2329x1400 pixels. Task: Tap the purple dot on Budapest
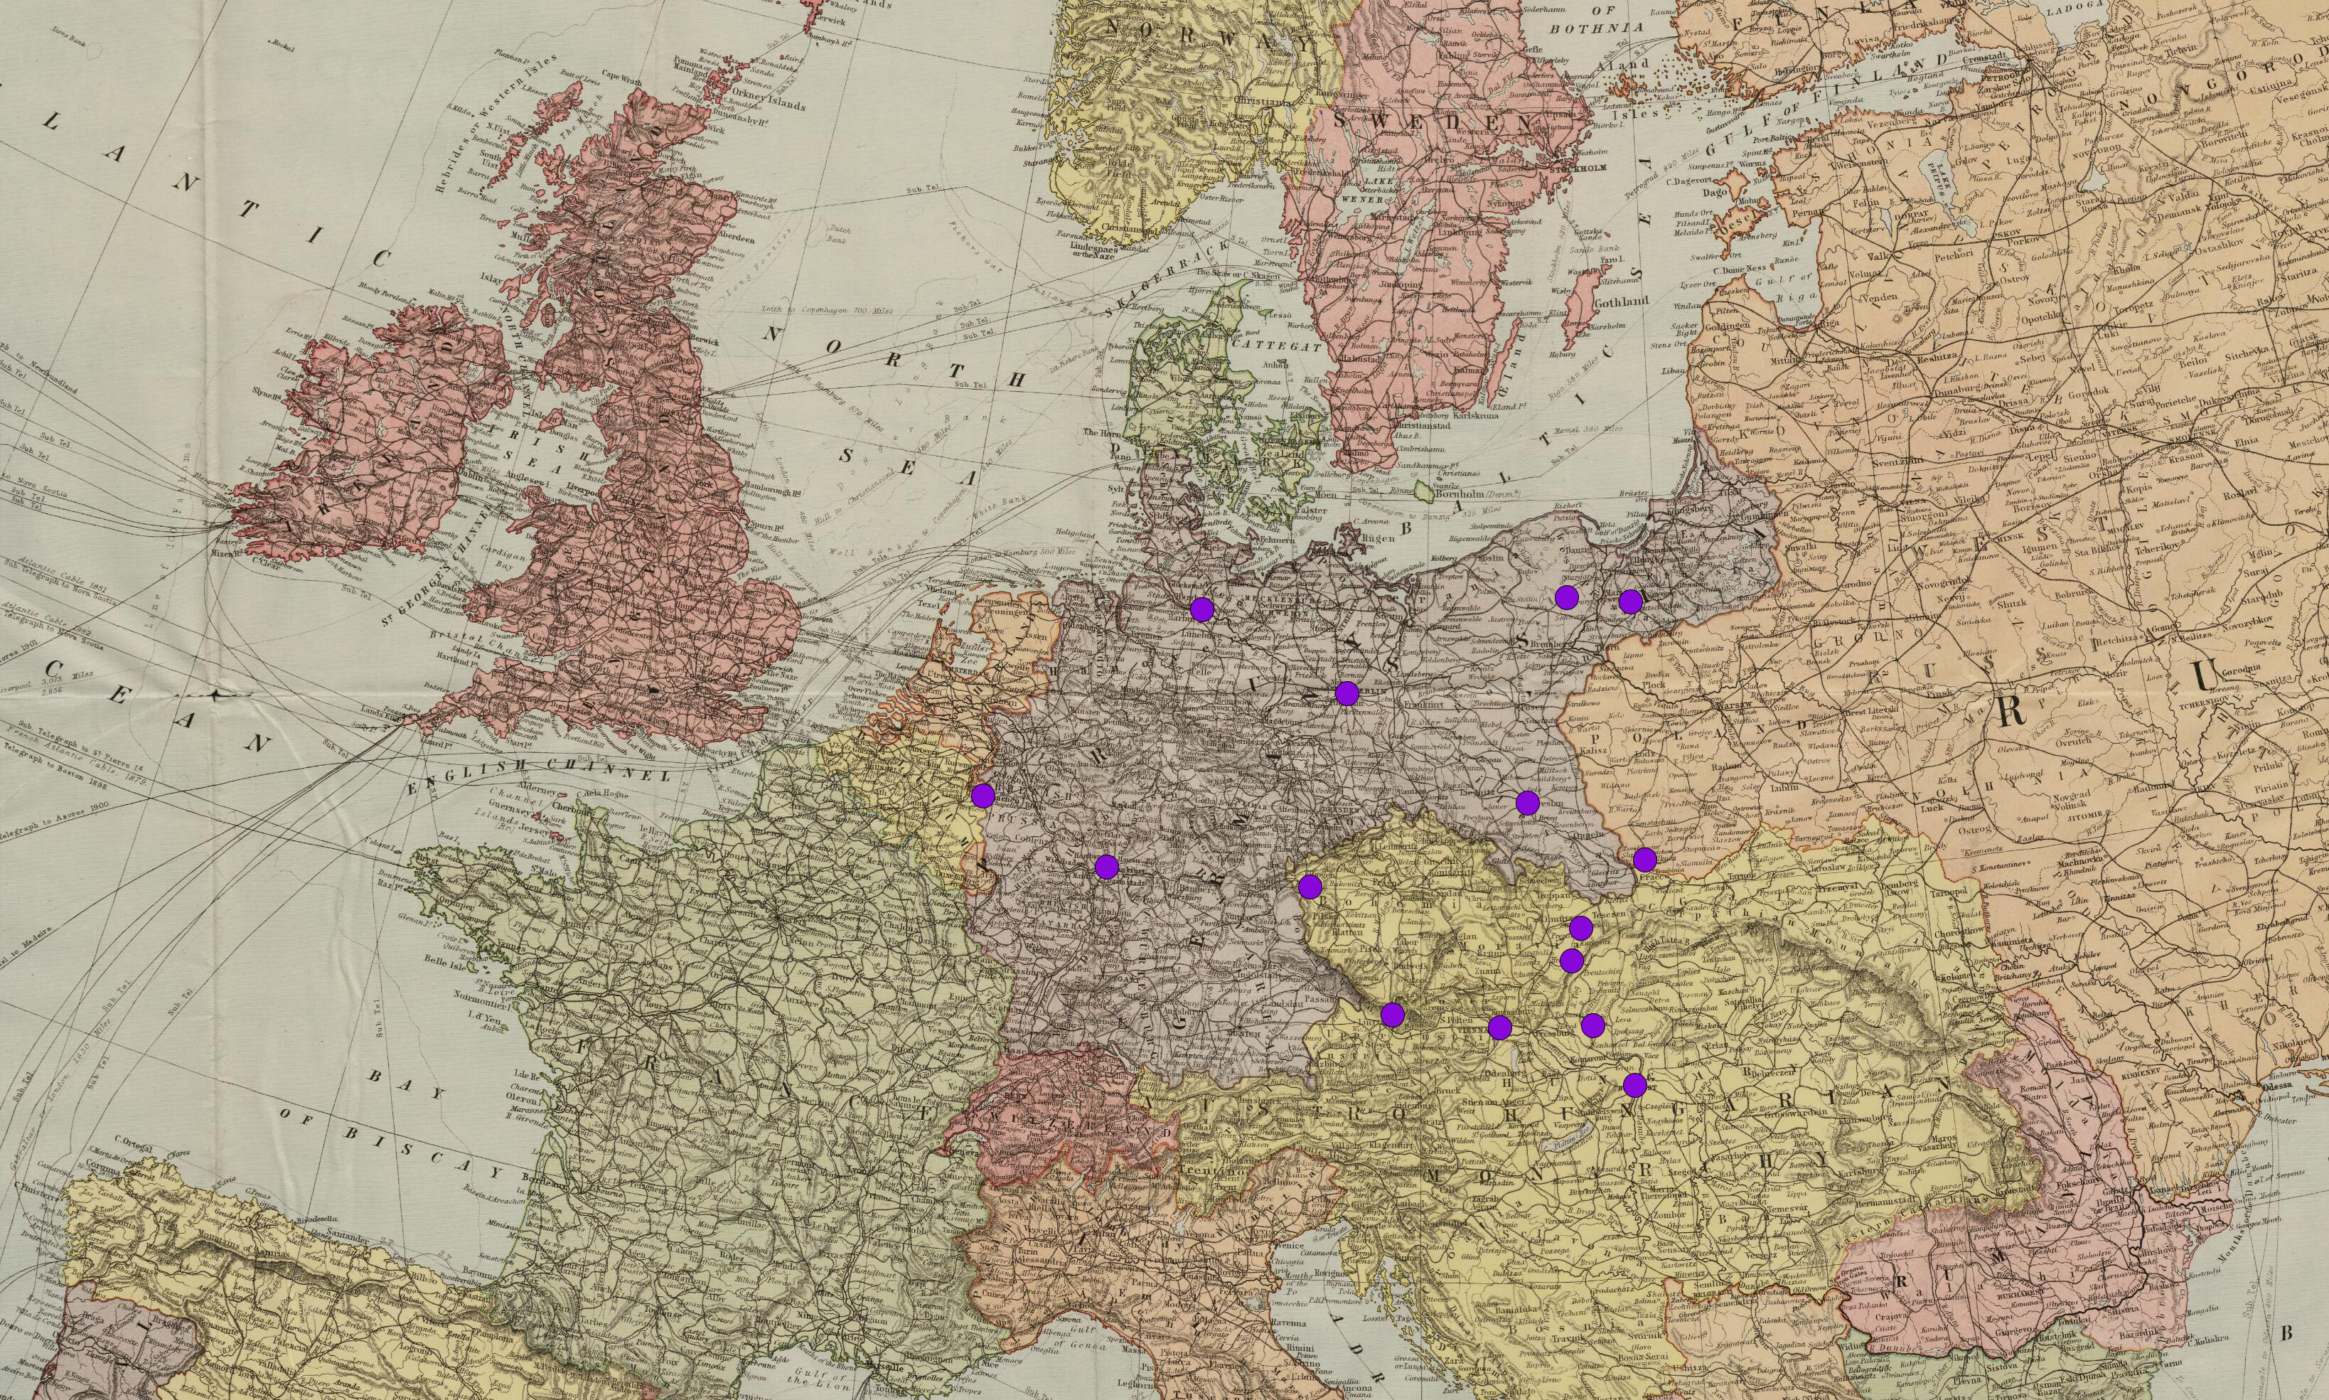pyautogui.click(x=1634, y=1085)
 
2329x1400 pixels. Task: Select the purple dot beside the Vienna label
pyautogui.click(x=1500, y=1027)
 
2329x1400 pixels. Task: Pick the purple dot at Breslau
pyautogui.click(x=1527, y=803)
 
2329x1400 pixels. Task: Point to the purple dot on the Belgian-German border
pyautogui.click(x=983, y=796)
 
